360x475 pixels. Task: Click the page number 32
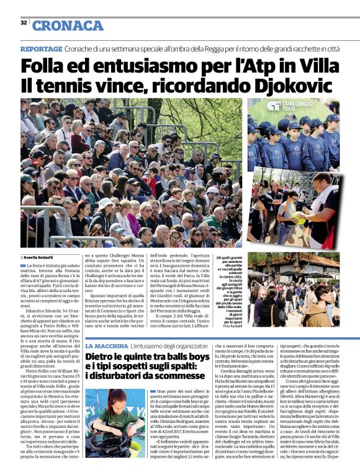[24, 23]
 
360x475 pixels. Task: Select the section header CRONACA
[68, 25]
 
